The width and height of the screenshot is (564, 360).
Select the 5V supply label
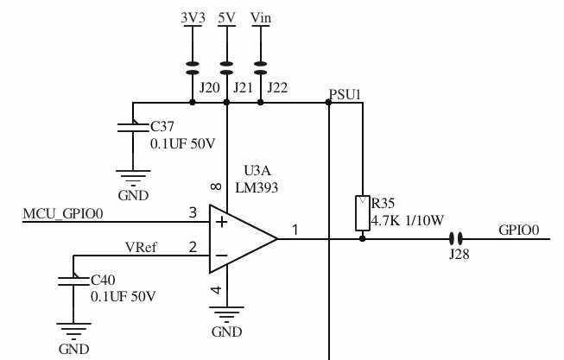[x=226, y=17]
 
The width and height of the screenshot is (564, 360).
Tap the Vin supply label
[x=261, y=17]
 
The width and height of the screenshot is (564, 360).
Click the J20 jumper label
[x=208, y=87]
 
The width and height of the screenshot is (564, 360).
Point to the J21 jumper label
[x=243, y=87]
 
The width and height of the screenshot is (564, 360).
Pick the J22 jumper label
[x=278, y=87]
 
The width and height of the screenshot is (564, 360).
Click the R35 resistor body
[x=362, y=213]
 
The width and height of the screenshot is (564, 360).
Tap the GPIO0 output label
[x=518, y=231]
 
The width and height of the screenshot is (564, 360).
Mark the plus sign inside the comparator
[x=221, y=222]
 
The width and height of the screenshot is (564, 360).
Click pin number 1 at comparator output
[x=295, y=230]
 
